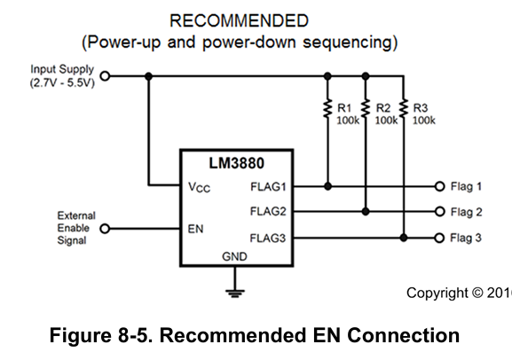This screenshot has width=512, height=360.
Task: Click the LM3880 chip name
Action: pyautogui.click(x=236, y=163)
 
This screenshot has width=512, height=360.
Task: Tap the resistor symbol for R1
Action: pyautogui.click(x=327, y=109)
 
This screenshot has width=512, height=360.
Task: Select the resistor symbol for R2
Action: pyautogui.click(x=366, y=109)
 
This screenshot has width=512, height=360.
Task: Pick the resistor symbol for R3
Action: pyautogui.click(x=404, y=109)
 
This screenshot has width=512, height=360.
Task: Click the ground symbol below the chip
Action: pyautogui.click(x=235, y=293)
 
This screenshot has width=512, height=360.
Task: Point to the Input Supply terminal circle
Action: pyautogui.click(x=105, y=76)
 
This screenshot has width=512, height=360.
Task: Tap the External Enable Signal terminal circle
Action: pyautogui.click(x=105, y=229)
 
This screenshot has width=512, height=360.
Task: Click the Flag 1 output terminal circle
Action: pyautogui.click(x=440, y=186)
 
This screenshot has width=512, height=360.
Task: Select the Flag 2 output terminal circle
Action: pyautogui.click(x=440, y=212)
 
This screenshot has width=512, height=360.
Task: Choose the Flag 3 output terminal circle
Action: pyautogui.click(x=439, y=238)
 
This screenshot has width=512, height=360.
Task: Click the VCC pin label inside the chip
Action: pyautogui.click(x=199, y=187)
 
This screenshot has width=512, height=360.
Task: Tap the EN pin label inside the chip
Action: pyautogui.click(x=195, y=229)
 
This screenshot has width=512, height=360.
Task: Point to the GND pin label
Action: pyautogui.click(x=234, y=256)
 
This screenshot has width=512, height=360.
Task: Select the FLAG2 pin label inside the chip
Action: pyautogui.click(x=268, y=212)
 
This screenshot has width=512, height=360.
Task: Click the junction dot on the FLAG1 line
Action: pyautogui.click(x=327, y=186)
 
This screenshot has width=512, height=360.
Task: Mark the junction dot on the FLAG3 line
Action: pyautogui.click(x=404, y=238)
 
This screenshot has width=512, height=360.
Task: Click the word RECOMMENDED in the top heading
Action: pyautogui.click(x=239, y=21)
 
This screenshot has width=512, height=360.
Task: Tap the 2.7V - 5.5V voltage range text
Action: pyautogui.click(x=62, y=82)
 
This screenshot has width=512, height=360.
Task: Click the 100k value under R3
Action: pyautogui.click(x=424, y=121)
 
